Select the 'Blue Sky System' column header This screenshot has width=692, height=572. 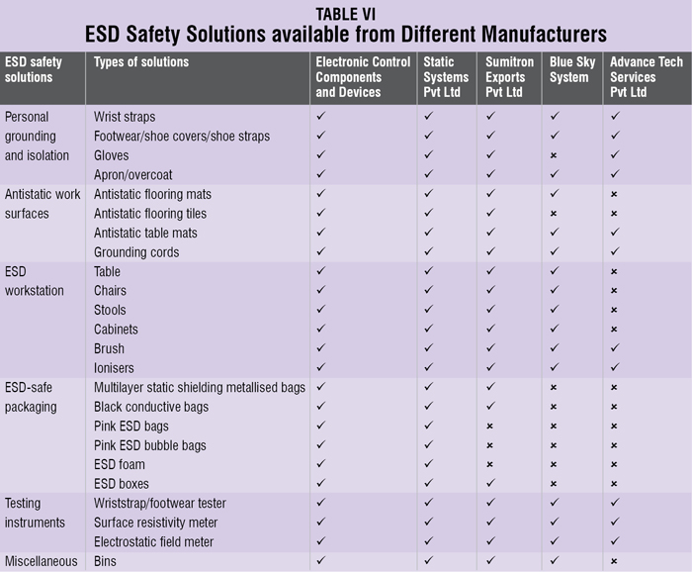tap(569, 69)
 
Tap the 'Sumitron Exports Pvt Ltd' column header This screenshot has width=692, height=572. tap(509, 77)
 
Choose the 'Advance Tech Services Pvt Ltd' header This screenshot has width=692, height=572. tap(644, 77)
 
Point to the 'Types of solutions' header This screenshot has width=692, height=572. tap(141, 62)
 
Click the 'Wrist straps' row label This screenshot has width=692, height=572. tap(125, 117)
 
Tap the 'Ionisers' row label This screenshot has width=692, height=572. tap(116, 368)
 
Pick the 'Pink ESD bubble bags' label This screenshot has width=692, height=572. tap(150, 445)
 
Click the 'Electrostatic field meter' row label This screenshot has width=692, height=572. tap(153, 542)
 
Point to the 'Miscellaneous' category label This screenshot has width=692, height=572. tap(42, 561)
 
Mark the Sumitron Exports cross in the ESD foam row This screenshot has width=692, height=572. tap(490, 465)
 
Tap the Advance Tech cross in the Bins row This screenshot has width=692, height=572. tap(614, 562)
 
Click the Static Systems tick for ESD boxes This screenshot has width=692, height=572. tap(428, 484)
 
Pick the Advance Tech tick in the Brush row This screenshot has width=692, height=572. tap(614, 348)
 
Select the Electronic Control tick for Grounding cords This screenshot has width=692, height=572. tap(320, 252)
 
